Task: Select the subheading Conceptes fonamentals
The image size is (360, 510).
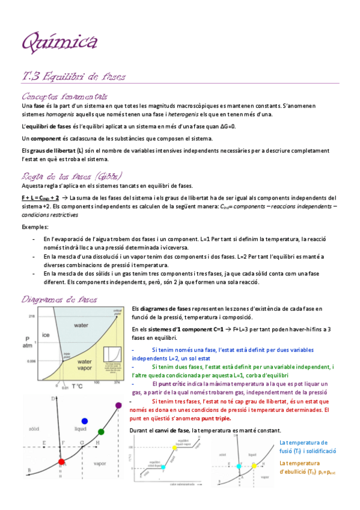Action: (x=64, y=96)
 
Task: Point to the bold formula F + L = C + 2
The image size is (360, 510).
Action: (x=40, y=197)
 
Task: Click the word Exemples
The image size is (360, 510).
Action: (x=34, y=227)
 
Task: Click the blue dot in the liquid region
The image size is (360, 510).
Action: (x=85, y=404)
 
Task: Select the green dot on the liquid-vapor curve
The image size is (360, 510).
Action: (x=101, y=415)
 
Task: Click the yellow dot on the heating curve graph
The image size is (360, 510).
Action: (x=175, y=431)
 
